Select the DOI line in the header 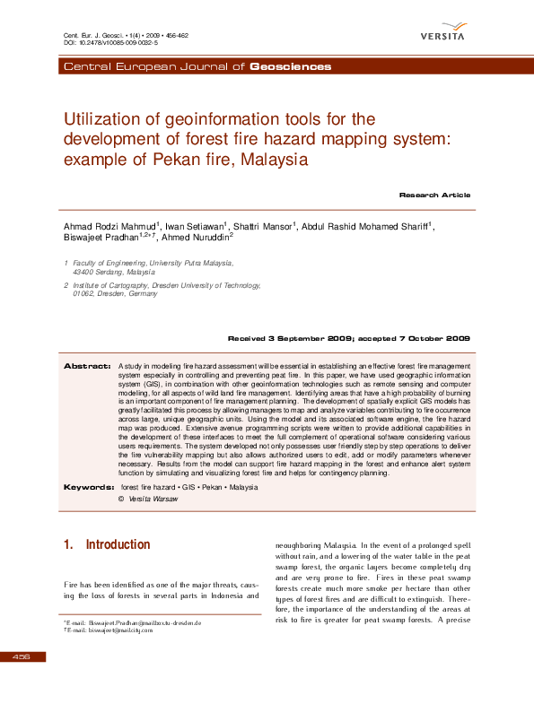tap(111, 42)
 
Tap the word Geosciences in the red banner tap(290, 66)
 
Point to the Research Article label tap(434, 195)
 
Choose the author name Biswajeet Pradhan tap(101, 239)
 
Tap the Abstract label tap(86, 367)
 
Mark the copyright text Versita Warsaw tap(153, 499)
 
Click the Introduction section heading tap(118, 545)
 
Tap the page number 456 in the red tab tap(21, 657)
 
